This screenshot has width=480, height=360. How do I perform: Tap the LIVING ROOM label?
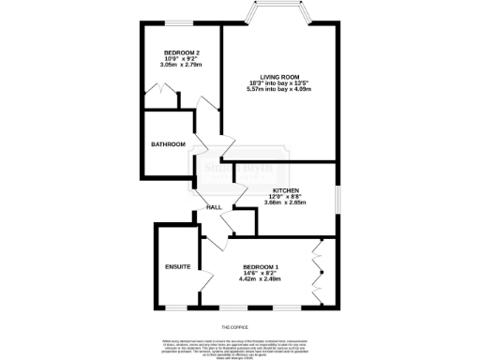point(279,76)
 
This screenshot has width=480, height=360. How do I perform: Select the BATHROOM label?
point(169,143)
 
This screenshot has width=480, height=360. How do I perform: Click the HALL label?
point(214,207)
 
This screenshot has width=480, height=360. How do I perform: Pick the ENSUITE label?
point(178,267)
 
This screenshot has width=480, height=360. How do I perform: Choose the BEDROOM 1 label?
point(261,265)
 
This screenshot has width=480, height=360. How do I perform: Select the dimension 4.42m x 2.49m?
point(261,278)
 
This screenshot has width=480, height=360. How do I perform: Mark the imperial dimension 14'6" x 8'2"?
point(261,272)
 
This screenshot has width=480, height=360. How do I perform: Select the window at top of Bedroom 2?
point(173,22)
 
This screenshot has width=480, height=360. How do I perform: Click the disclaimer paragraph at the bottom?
point(240,346)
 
